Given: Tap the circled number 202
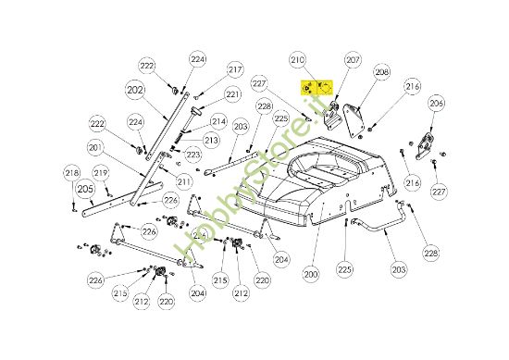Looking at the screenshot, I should click(x=135, y=91).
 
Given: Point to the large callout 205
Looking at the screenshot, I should click(x=85, y=189).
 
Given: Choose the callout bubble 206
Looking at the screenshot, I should click(x=437, y=103).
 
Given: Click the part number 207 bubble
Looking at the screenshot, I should click(x=353, y=59).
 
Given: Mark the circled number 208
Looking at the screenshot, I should click(x=381, y=72).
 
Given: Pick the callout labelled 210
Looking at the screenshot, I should click(x=297, y=60).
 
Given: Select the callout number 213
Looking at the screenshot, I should click(x=211, y=140).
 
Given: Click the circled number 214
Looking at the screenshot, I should click(x=218, y=120).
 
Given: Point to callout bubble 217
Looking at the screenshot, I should click(x=235, y=69).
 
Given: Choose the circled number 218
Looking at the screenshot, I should click(x=71, y=173).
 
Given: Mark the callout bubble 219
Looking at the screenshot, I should click(x=101, y=172).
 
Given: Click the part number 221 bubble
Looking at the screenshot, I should click(x=232, y=94).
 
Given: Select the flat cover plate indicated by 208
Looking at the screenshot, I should click(x=353, y=118).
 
